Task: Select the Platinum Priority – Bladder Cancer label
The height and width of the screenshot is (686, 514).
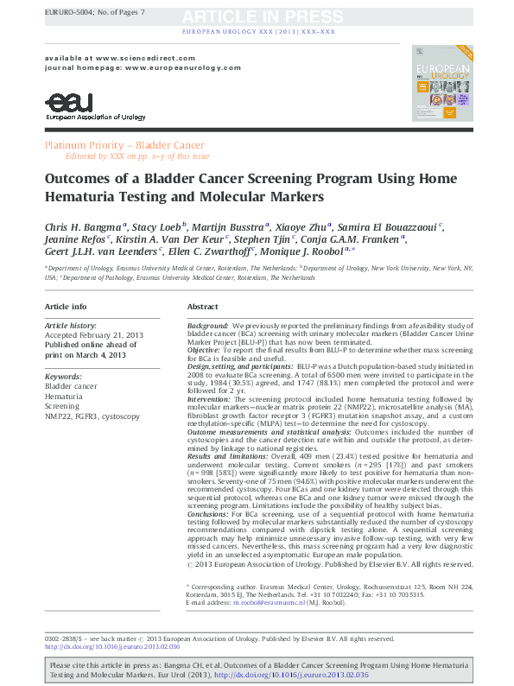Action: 125,145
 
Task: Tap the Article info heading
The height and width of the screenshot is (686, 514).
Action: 66,307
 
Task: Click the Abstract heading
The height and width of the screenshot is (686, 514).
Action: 203,307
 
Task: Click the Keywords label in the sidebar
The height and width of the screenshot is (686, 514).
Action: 62,377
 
